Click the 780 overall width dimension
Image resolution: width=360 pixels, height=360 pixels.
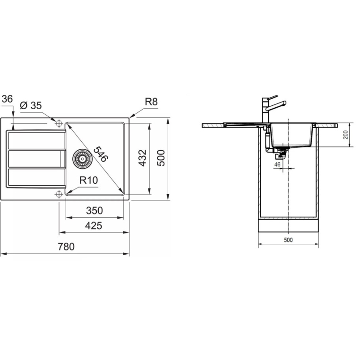tap(66, 247)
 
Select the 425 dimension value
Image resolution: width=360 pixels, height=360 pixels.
tap(94, 226)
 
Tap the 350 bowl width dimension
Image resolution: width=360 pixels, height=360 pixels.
tap(94, 211)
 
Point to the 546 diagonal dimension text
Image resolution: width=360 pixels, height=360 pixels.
tap(101, 154)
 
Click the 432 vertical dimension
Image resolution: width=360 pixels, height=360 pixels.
tap(143, 158)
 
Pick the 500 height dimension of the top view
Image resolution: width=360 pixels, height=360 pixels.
tap(161, 158)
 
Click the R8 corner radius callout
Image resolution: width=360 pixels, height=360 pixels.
tap(151, 102)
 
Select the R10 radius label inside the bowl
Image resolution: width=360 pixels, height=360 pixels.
tap(89, 180)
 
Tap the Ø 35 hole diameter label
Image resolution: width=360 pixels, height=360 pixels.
tap(31, 106)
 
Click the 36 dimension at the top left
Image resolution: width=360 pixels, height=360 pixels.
tap(7, 99)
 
